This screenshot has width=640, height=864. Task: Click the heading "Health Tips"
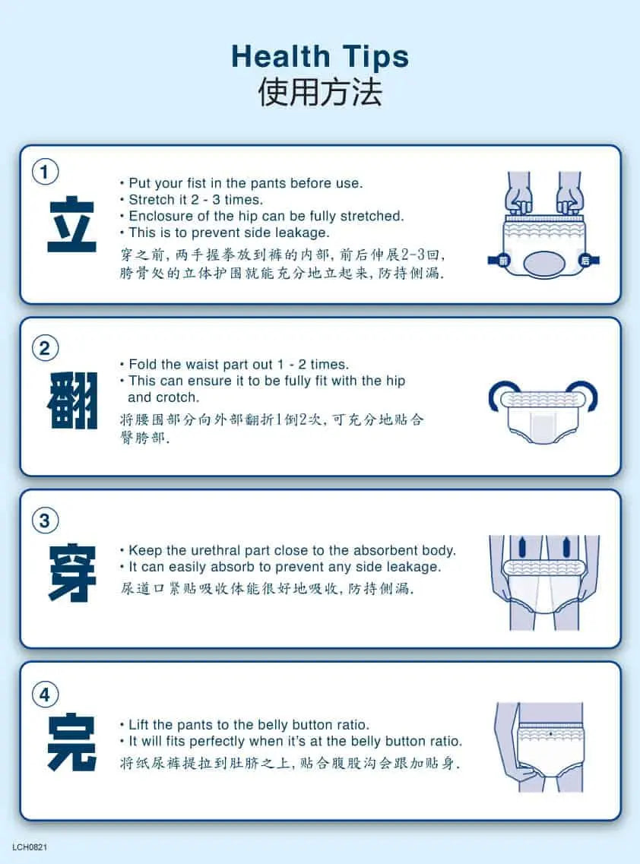pos(320,57)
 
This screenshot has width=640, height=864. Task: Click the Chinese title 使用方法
pos(320,92)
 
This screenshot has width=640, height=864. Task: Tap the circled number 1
pos(45,172)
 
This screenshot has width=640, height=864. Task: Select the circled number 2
pos(45,348)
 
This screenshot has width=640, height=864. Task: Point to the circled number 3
pos(45,521)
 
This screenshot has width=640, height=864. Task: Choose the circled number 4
pos(45,695)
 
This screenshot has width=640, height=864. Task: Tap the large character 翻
pos(72,400)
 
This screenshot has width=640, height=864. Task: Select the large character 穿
pos(72,573)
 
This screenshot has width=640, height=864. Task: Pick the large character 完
pos(72,742)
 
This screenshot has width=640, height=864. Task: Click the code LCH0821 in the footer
pos(30,847)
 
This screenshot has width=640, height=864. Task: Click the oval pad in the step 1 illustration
pos(542,264)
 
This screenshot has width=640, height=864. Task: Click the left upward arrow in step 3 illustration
pos(522,546)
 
